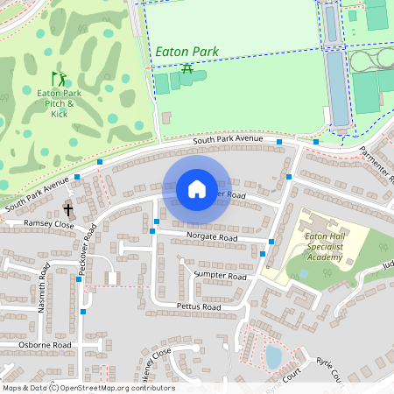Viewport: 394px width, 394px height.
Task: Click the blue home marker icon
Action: pos(197,189)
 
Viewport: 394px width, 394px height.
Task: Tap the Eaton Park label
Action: pos(186,53)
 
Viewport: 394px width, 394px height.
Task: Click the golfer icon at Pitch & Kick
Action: pos(59,79)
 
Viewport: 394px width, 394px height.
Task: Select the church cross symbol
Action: pos(68,209)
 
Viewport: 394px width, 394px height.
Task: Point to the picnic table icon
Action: pos(186,67)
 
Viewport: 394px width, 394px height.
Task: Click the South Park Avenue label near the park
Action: pos(228,138)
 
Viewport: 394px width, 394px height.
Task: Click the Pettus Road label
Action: pos(198,307)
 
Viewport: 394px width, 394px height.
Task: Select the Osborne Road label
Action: pos(44,345)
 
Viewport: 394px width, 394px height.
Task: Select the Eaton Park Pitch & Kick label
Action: pos(59,102)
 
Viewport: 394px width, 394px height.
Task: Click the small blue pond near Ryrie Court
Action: pos(273,356)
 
